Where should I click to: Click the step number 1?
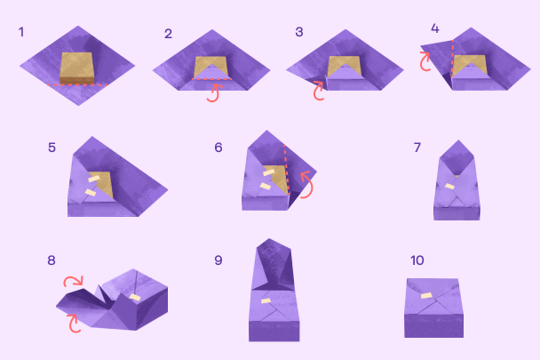tap(21, 32)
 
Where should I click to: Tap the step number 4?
tap(435, 28)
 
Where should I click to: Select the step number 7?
tap(417, 148)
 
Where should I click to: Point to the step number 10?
tap(417, 260)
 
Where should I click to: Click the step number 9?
tap(218, 260)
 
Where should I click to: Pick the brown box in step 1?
tap(76, 68)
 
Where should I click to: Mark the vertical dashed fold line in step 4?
tap(453, 59)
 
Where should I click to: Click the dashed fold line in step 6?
tap(287, 170)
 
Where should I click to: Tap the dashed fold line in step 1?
tap(77, 84)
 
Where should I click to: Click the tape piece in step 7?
tap(449, 187)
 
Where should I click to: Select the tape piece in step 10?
tap(426, 295)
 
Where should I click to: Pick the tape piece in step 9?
tap(266, 301)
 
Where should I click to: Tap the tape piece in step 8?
tap(135, 297)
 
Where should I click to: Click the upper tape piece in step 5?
tap(94, 179)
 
